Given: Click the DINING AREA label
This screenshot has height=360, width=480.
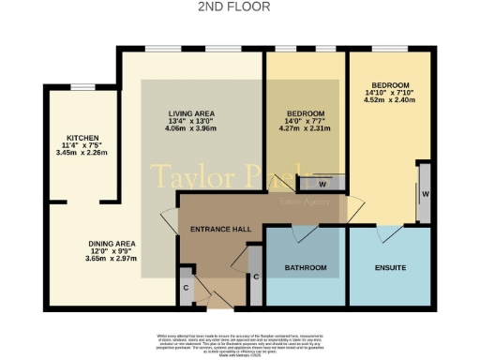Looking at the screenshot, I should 112,244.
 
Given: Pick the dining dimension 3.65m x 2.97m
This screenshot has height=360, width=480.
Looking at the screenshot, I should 112,261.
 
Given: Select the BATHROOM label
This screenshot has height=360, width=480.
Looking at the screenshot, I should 306,268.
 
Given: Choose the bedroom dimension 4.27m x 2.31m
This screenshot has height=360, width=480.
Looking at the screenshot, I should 305,130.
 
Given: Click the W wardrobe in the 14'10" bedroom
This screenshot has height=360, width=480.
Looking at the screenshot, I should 425,194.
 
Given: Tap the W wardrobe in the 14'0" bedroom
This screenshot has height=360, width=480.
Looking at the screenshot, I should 323,185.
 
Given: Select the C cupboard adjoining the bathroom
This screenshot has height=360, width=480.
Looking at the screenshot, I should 255,277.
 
